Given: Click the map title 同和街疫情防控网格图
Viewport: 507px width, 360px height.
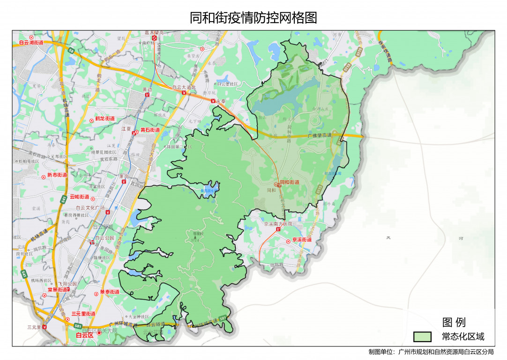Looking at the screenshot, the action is point(253,18).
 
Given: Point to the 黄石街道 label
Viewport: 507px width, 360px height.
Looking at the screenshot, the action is point(150,130).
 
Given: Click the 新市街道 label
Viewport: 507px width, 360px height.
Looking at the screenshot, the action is point(57,175).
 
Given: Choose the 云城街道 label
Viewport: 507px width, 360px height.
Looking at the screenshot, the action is point(79,197).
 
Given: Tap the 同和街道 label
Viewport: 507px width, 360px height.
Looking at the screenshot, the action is point(289,182).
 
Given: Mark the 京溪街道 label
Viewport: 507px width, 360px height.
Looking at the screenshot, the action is point(302,240).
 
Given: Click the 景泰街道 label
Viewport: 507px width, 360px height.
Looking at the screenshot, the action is point(110,292).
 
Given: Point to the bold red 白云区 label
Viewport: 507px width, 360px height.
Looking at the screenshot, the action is point(85,335).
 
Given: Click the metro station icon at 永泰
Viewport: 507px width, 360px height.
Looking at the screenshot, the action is point(213,101).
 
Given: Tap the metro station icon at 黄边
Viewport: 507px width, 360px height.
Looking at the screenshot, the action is point(148,95).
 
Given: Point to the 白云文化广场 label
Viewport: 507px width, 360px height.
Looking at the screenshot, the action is point(90,207).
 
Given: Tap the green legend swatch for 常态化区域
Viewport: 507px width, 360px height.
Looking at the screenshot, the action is point(422,337).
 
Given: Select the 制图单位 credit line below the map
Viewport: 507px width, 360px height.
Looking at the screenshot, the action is point(431,352).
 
